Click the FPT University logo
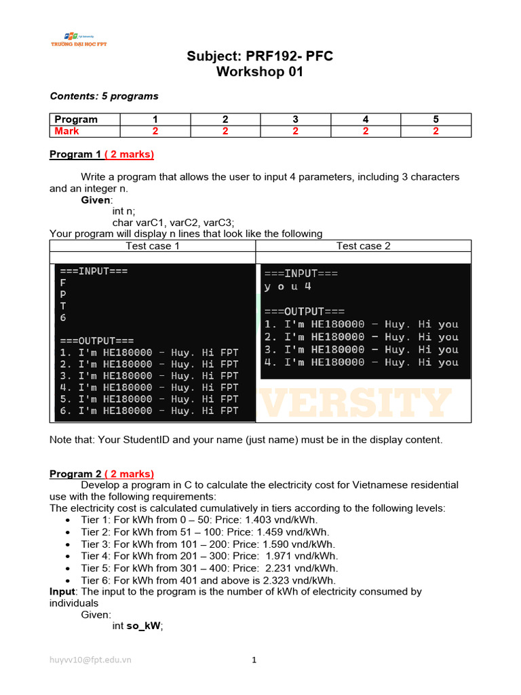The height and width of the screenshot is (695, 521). click(x=79, y=39)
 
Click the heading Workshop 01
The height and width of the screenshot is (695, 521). click(x=260, y=72)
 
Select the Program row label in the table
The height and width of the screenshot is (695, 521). click(x=76, y=119)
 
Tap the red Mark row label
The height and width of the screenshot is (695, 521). click(x=66, y=131)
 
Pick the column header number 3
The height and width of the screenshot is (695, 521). click(x=295, y=119)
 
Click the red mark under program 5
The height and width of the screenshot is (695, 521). click(x=436, y=131)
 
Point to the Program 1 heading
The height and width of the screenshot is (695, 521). click(x=102, y=154)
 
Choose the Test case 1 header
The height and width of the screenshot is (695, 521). click(x=153, y=246)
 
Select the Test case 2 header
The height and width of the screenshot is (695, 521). click(x=363, y=246)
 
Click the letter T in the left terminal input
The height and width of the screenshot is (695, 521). click(x=63, y=305)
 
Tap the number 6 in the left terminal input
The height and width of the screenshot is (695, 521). click(x=63, y=318)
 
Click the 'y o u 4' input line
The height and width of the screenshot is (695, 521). click(x=288, y=286)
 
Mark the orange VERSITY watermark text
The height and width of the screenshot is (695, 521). click(x=355, y=403)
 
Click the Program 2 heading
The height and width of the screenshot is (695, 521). click(x=102, y=474)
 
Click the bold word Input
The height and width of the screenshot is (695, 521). click(x=63, y=592)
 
